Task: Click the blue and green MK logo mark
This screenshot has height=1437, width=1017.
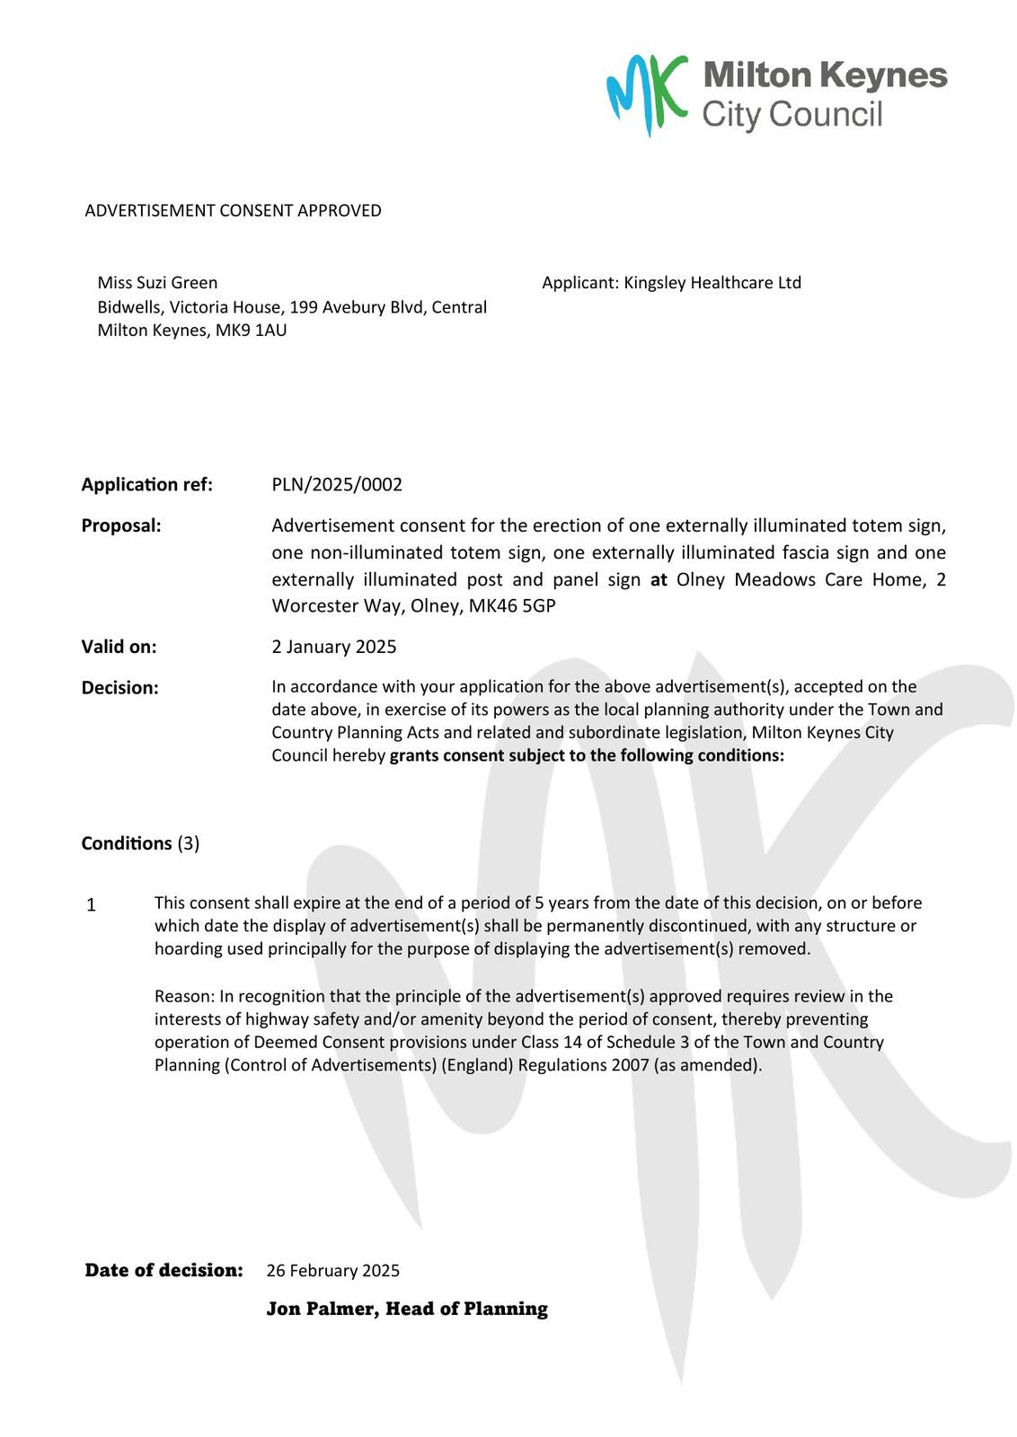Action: [x=646, y=93]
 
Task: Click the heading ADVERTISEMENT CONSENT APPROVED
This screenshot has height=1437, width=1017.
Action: [x=233, y=210]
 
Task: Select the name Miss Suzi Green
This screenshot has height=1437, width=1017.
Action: [x=157, y=283]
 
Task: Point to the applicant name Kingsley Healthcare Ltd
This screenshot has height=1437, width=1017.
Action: [x=712, y=283]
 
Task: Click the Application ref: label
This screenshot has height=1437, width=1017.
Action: [x=147, y=485]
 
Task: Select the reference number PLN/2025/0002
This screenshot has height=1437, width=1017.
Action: [x=337, y=485]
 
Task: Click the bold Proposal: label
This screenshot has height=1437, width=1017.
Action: [x=121, y=525]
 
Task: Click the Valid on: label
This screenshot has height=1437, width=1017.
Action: [x=119, y=647]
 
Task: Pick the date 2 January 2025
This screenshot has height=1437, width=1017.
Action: [x=333, y=647]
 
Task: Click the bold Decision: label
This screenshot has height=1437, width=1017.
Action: [x=119, y=688]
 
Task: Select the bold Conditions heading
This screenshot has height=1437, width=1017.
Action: [x=127, y=843]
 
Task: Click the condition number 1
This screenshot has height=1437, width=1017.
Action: [x=91, y=905]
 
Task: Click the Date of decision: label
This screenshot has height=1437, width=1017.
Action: [x=164, y=1270]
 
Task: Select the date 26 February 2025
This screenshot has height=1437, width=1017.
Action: [x=332, y=1271]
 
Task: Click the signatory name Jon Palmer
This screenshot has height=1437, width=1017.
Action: [x=322, y=1309]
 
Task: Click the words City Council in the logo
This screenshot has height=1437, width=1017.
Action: [x=792, y=115]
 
